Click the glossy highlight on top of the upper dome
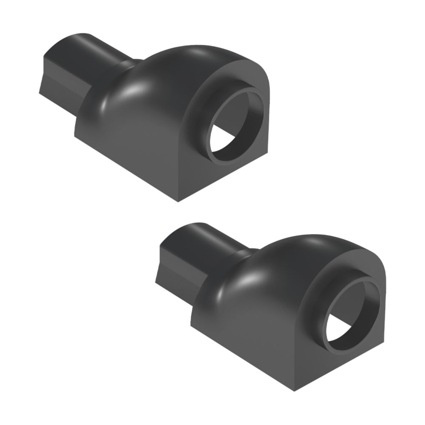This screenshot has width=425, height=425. coord(200,53)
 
